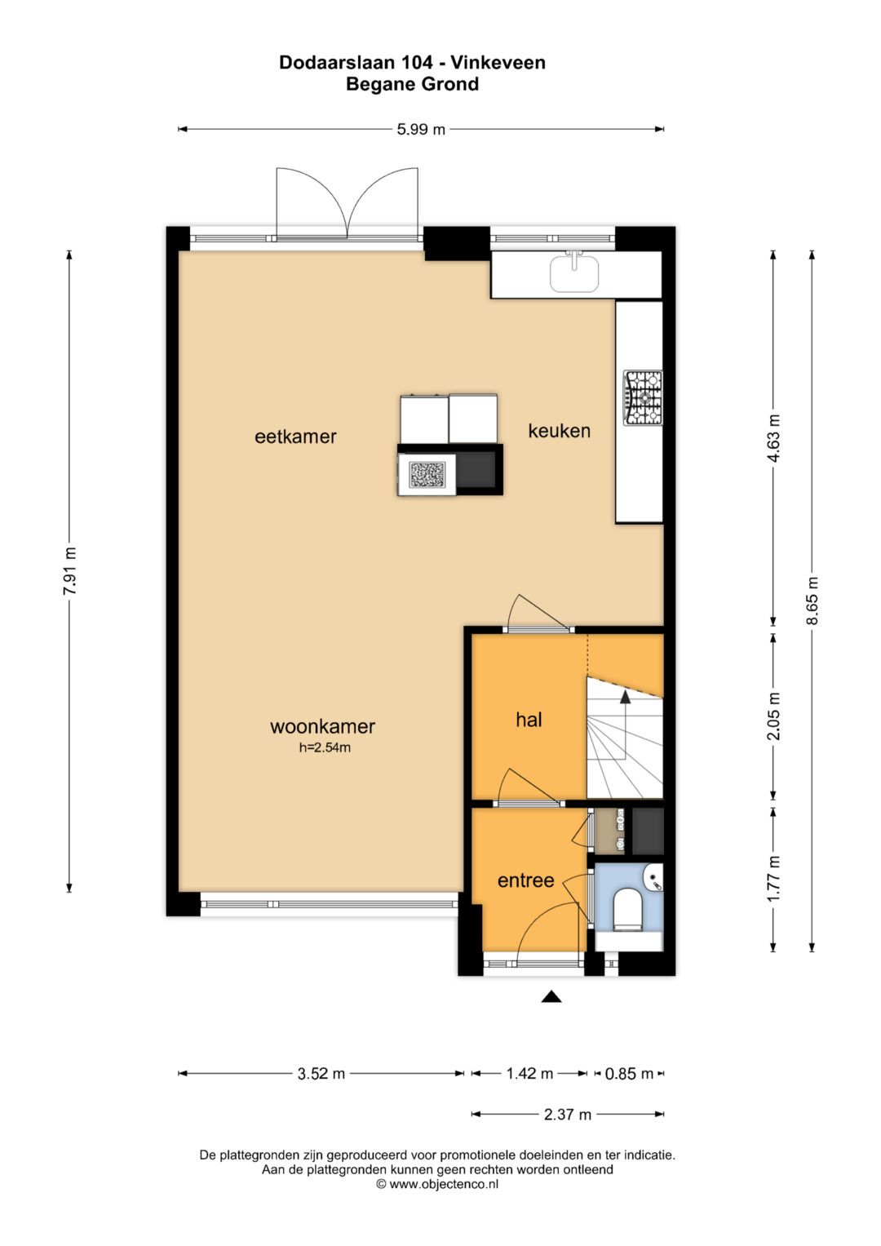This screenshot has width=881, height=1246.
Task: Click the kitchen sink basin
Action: tap(574, 273)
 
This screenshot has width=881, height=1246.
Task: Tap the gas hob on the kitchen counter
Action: tap(643, 398)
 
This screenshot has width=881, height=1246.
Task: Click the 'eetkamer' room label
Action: tap(295, 437)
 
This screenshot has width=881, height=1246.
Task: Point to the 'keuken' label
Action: tap(559, 431)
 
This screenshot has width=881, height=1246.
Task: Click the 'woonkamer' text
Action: tap(322, 726)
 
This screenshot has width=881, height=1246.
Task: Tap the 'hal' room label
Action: tap(529, 720)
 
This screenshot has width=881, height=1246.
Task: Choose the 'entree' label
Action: tap(525, 880)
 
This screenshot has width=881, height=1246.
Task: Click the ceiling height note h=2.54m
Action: tap(325, 748)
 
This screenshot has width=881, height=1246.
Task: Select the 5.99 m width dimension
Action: tap(421, 130)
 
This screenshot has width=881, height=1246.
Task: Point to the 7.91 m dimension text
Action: tap(69, 571)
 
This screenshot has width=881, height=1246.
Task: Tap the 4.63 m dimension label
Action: tap(773, 437)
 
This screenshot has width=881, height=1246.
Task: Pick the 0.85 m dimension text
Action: tap(628, 1074)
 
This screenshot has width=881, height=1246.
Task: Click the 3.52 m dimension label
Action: tap(321, 1074)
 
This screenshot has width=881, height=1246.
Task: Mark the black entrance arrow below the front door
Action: tap(551, 996)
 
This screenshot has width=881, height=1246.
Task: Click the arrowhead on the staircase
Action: tap(625, 696)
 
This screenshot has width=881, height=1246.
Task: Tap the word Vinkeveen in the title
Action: tap(498, 62)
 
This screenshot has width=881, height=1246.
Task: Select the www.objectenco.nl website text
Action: tap(444, 1184)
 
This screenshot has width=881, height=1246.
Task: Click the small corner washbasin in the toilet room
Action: tap(654, 878)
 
